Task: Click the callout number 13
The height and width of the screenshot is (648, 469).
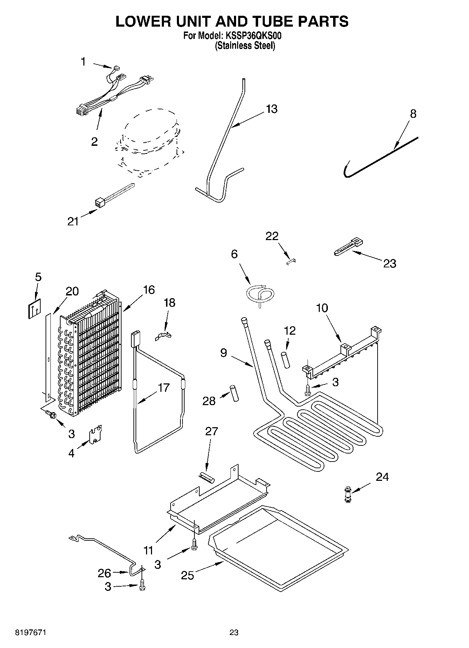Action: (x=271, y=109)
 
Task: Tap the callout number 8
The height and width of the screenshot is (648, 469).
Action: (x=413, y=114)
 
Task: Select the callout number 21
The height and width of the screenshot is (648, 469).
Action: (x=73, y=221)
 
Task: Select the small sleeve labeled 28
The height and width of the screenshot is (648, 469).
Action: (x=234, y=393)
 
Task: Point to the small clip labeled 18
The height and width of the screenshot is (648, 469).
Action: (x=163, y=336)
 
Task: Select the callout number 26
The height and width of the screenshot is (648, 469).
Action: (x=104, y=573)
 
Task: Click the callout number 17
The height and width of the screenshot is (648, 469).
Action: (x=164, y=388)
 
